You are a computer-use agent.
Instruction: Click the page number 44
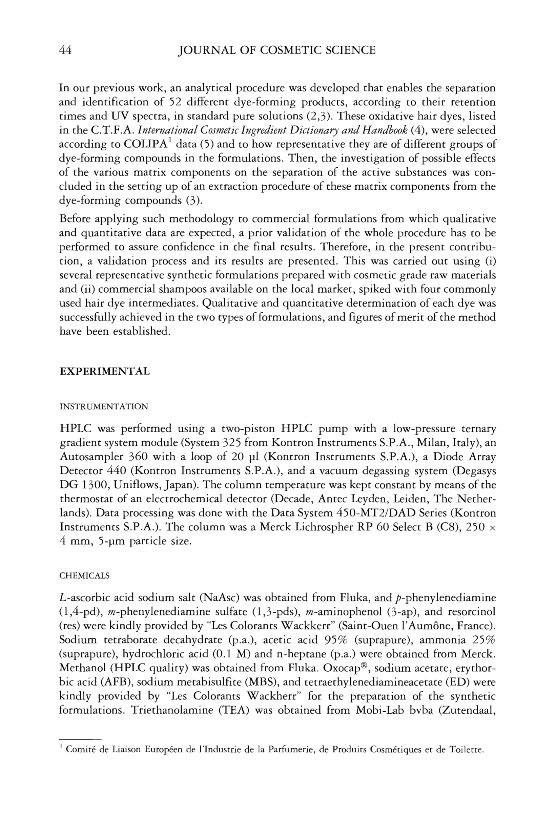coord(65,50)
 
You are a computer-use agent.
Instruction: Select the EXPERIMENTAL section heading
coord(104,372)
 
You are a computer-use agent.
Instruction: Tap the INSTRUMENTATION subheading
coord(104,407)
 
